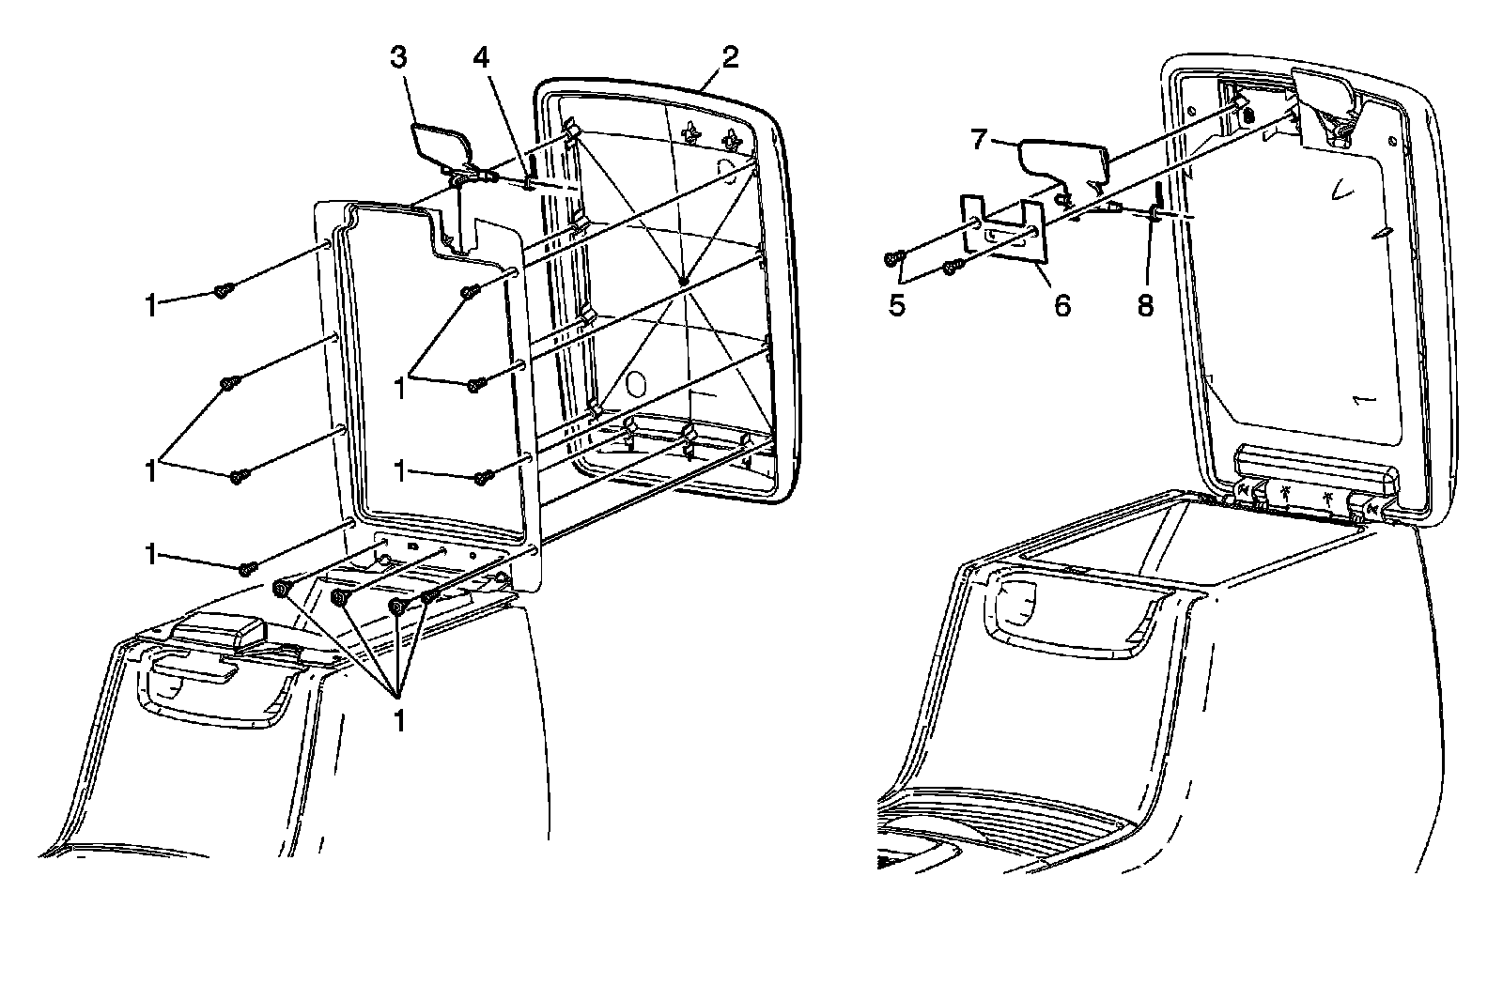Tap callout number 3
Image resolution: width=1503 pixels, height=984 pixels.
398,58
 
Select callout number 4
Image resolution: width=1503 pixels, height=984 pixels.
481,58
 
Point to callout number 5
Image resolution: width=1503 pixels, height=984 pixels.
898,306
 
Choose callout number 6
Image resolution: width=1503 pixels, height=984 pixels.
1061,306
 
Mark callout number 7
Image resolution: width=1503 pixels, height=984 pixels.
979,141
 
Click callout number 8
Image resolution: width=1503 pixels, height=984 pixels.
1146,306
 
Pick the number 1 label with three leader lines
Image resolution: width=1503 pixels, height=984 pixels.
400,720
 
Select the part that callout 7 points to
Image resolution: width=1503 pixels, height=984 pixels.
1066,160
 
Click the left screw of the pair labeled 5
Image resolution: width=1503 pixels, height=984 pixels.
893,257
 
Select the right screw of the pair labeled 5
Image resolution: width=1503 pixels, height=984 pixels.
951,269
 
